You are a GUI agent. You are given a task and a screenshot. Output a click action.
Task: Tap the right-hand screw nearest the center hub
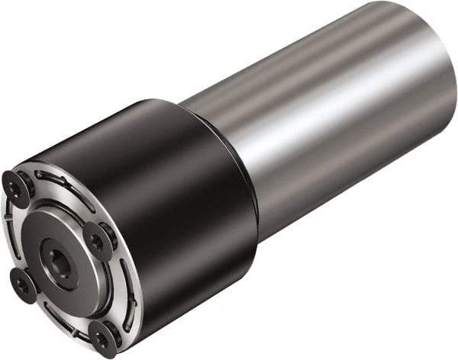click(x=97, y=241)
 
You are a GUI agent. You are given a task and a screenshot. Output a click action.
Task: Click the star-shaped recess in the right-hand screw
click(x=97, y=241)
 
